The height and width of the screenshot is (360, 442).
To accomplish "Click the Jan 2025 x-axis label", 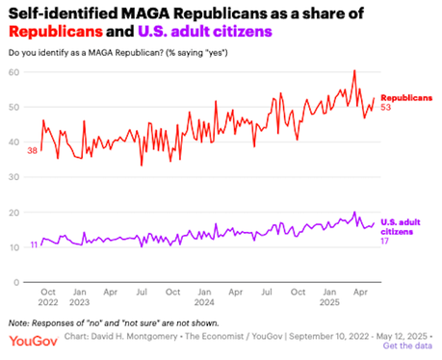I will click(326, 296).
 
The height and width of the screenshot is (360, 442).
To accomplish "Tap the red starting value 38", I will click(32, 151).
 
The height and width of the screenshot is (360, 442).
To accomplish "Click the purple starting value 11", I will click(34, 245).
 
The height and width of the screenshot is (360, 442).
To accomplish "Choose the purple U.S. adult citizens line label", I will click(403, 227).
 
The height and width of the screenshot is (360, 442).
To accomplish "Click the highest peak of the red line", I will click(354, 70).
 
